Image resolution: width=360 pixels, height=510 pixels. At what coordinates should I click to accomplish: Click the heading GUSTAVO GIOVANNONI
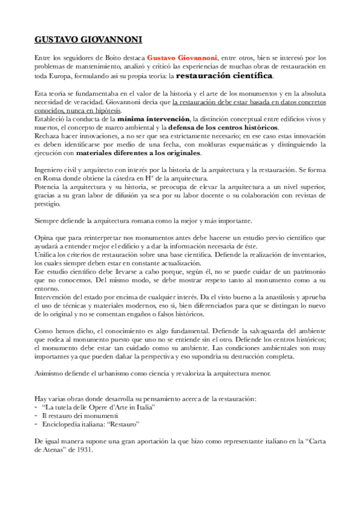(x=88, y=41)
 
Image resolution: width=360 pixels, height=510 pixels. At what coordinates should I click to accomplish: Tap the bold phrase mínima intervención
(x=154, y=120)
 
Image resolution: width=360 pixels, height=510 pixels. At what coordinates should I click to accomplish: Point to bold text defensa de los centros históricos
(x=222, y=128)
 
